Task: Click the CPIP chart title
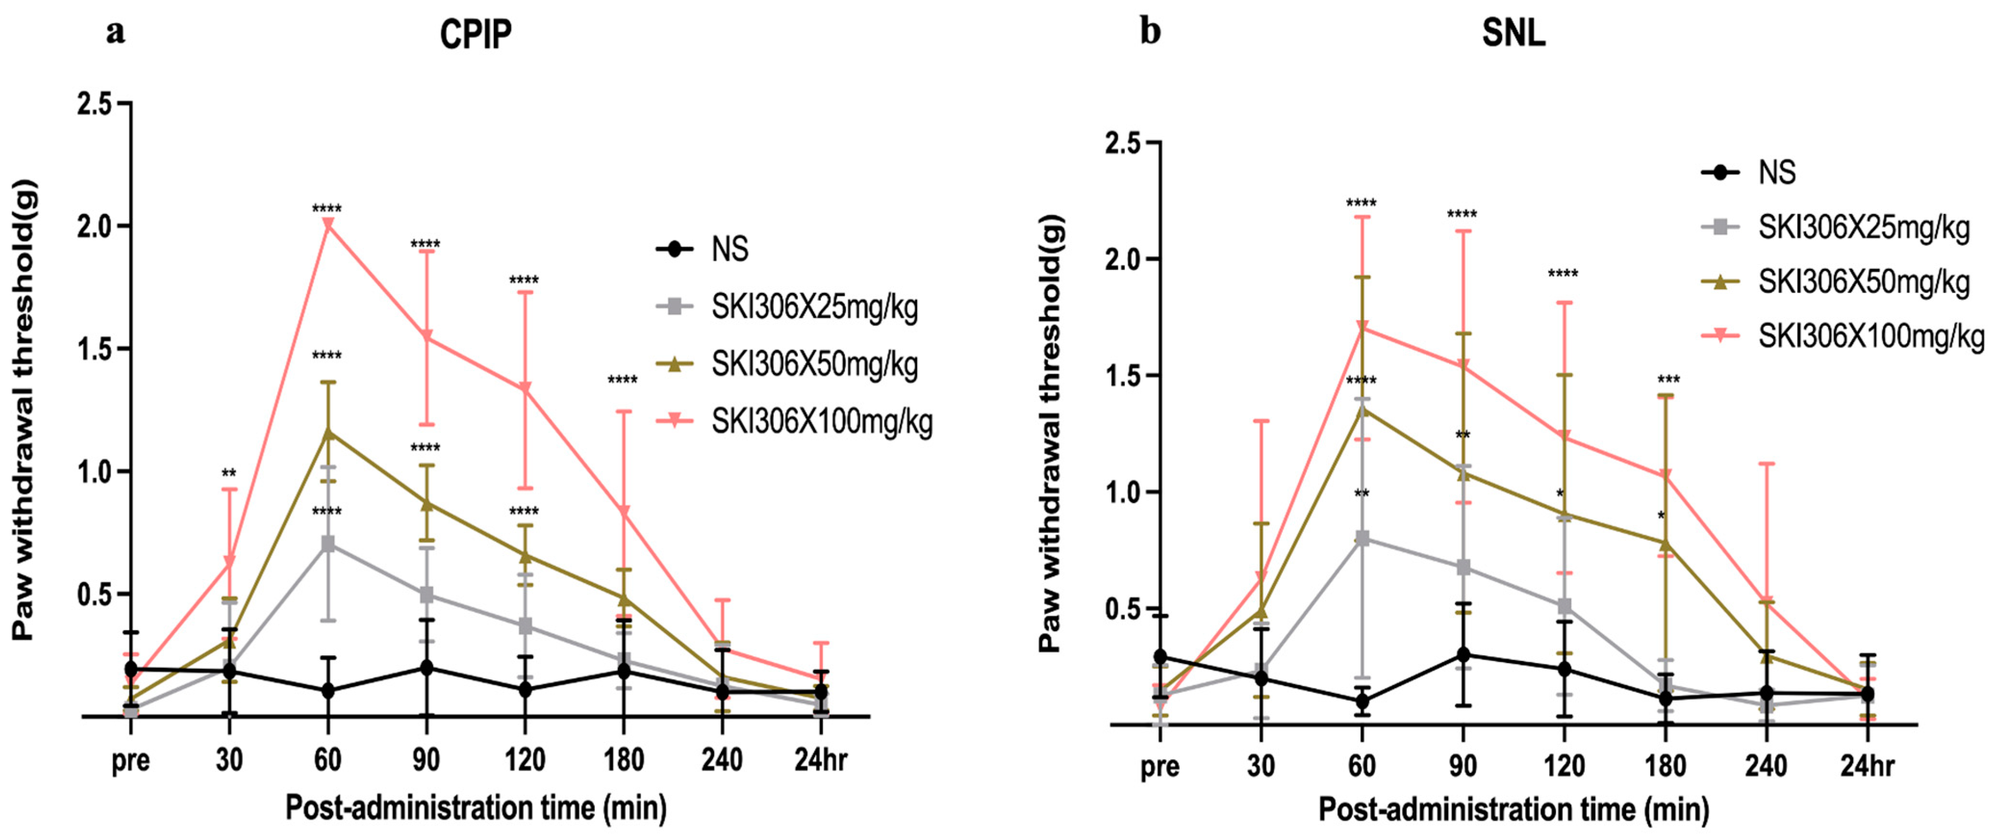click(x=475, y=34)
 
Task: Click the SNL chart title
click(x=1514, y=33)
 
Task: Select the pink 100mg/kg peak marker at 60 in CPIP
click(x=328, y=225)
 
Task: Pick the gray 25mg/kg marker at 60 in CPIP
click(x=328, y=544)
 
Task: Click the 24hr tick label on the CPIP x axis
click(x=820, y=760)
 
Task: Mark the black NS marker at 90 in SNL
click(x=1463, y=655)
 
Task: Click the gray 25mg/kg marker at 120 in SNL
click(x=1564, y=605)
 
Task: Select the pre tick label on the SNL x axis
click(x=1160, y=766)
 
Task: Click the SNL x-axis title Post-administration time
click(x=1514, y=810)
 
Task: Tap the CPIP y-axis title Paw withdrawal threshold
click(x=25, y=410)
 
